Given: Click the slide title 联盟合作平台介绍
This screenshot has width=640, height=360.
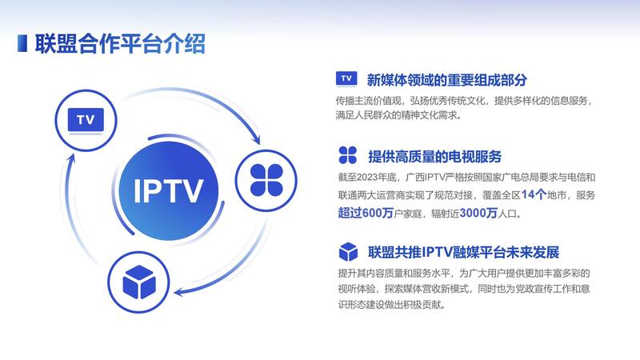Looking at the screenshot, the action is (119, 44).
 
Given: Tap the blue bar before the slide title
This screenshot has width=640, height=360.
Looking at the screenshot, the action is (22, 43).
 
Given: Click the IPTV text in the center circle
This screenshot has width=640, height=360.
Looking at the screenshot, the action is (168, 190).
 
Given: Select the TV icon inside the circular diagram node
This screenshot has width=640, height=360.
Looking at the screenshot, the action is (86, 120).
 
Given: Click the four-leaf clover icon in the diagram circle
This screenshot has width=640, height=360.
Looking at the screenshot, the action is (266, 181).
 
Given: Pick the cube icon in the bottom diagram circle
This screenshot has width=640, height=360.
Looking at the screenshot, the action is (138, 282).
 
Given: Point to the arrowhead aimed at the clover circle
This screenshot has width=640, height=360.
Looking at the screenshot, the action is (256, 138).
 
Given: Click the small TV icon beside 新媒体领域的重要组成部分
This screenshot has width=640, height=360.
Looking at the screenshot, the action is (346, 78).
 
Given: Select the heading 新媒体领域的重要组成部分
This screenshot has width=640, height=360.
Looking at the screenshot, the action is (446, 80).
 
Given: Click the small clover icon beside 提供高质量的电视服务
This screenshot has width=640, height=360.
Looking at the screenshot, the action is (348, 155).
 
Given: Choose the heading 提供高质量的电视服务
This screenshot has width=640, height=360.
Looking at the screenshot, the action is (434, 156).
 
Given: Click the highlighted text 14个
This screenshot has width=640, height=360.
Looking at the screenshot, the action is (534, 194).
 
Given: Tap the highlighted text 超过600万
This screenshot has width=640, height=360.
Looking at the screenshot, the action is (366, 213).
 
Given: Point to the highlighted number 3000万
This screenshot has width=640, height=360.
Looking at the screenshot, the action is (478, 213).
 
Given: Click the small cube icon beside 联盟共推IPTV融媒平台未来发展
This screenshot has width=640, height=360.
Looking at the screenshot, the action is (348, 251).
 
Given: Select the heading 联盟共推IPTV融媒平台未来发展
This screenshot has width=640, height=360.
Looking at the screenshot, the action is (464, 252).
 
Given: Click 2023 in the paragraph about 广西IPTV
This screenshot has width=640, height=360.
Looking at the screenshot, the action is (367, 178).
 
